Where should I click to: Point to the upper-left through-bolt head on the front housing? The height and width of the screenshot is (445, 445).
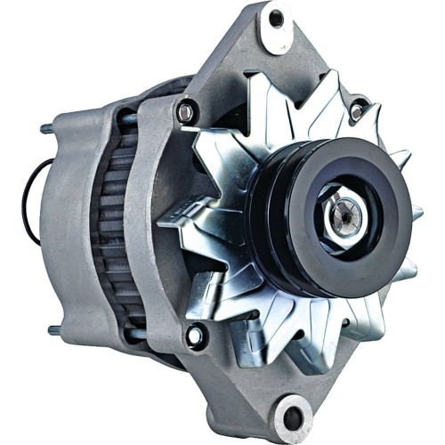(x=186, y=112)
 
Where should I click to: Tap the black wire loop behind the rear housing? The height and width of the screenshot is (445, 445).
(x=28, y=205)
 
